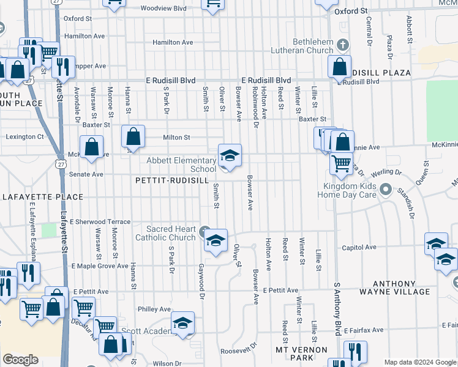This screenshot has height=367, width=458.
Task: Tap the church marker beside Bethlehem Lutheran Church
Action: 343,45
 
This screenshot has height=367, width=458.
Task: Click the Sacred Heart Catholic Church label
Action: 165,233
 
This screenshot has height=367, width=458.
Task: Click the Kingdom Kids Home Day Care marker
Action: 386,189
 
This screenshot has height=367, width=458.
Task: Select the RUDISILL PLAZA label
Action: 380,73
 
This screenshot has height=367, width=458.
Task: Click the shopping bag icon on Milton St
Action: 133,136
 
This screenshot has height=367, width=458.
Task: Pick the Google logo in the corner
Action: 20,360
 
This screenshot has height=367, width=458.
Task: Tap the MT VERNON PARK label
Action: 294,353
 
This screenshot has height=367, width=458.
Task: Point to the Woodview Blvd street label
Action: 163,9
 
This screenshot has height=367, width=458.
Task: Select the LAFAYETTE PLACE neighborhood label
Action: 42,197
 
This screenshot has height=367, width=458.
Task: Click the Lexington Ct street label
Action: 25,137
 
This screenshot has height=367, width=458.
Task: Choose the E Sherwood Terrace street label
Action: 100,221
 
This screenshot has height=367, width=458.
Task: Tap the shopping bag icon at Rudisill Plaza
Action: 339,66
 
